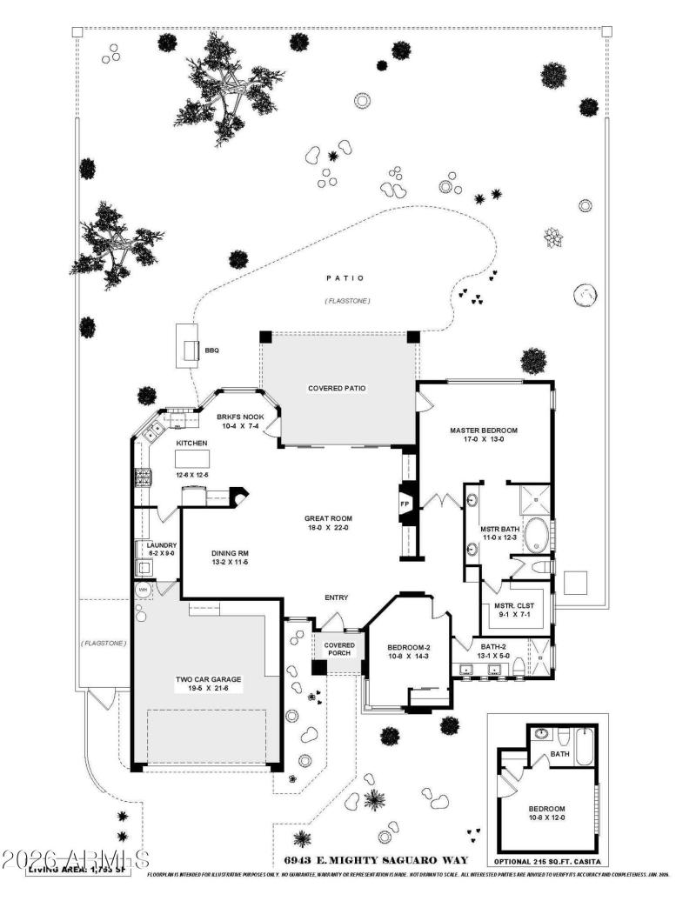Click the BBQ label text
pyautogui.click(x=212, y=350)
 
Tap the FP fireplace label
pyautogui.click(x=404, y=504)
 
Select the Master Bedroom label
pyautogui.click(x=483, y=430)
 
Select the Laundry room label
pyautogui.click(x=161, y=545)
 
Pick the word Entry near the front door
pyautogui.click(x=337, y=597)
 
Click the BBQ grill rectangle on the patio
pyautogui.click(x=187, y=345)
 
